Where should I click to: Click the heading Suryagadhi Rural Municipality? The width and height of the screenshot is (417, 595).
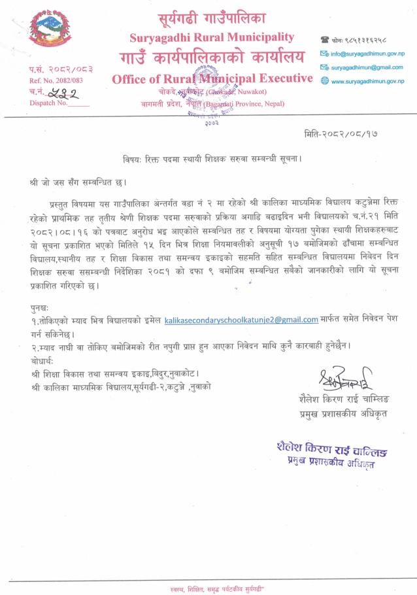(212, 37)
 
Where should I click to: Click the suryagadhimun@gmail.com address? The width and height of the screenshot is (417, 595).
(367, 67)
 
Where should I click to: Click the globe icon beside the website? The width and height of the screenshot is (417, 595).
(324, 81)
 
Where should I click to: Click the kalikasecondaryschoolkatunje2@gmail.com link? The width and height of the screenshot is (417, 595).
(241, 320)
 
